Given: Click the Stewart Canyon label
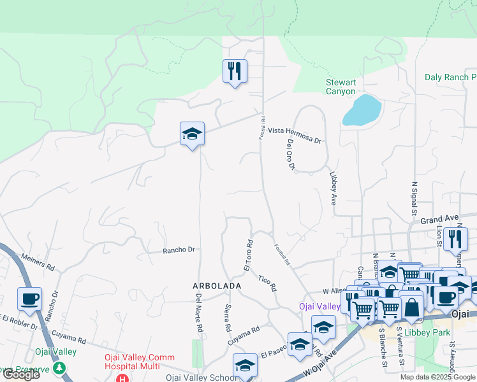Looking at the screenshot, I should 341,87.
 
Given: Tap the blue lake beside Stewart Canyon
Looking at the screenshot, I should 362,111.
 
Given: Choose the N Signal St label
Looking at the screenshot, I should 413,197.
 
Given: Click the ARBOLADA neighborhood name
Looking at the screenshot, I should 217,286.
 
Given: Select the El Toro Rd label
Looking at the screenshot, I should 249,255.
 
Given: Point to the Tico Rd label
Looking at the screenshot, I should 268,283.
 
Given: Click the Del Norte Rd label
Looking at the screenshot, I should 199,313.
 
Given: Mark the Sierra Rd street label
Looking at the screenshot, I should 228,318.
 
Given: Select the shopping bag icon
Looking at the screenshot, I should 412,308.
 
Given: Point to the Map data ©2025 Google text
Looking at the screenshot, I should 437,377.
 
